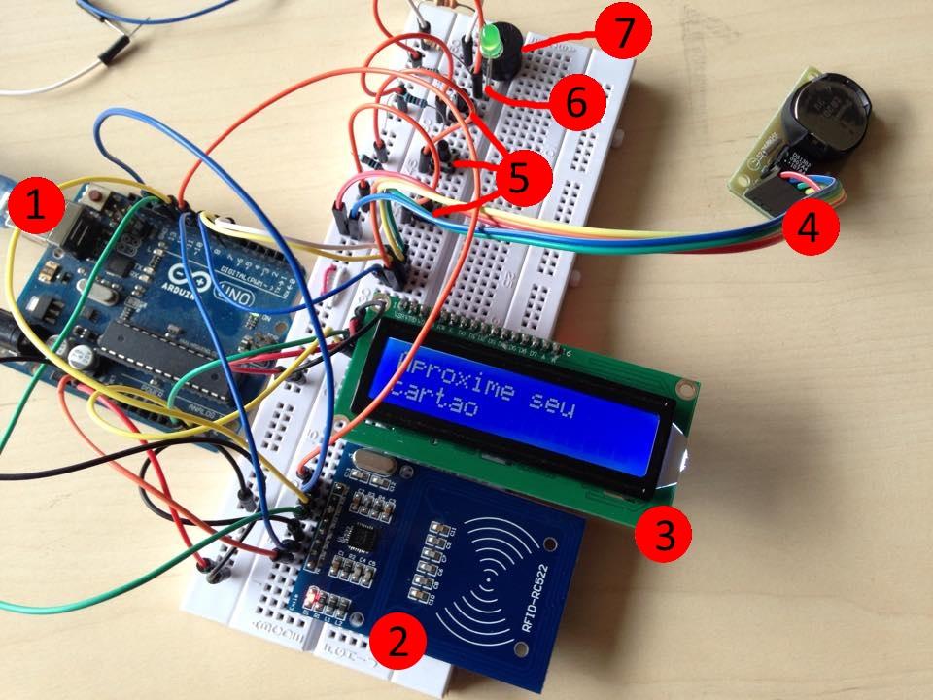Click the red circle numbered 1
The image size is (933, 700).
(37, 207)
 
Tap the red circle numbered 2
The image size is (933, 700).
(397, 640)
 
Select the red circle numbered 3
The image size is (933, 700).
(663, 531)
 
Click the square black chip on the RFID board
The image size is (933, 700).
(363, 539)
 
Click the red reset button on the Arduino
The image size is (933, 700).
(96, 199)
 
